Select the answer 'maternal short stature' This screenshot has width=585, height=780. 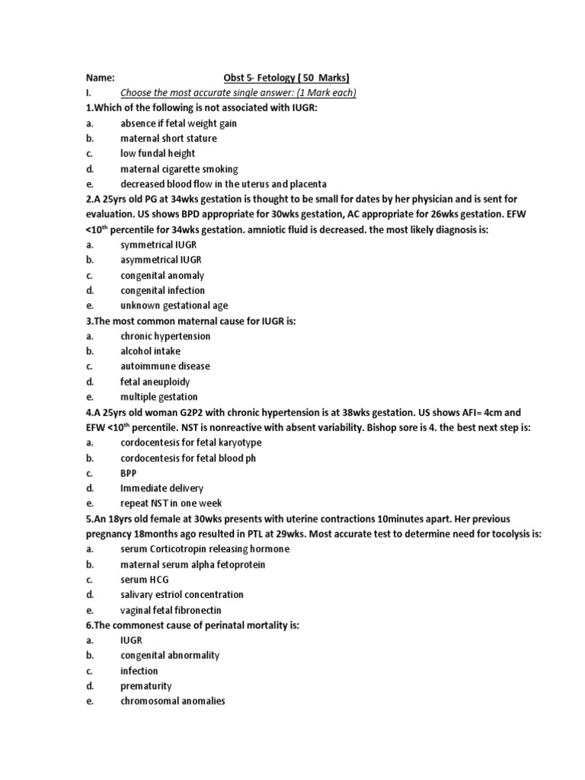point(168,139)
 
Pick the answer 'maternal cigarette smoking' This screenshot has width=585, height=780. point(179,169)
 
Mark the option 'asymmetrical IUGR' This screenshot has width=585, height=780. point(161,260)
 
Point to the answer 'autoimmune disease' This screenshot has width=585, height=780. point(165,366)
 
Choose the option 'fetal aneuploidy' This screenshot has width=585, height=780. point(155,382)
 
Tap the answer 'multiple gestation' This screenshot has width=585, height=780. point(158,397)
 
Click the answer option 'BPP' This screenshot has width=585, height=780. point(129,472)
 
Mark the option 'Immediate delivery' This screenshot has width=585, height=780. point(161,487)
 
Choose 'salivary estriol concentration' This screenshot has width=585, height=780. point(182,594)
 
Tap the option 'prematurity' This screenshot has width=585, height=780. point(146,686)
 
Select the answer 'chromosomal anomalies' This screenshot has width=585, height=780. point(173,701)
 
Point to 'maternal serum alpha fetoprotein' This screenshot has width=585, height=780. point(193,564)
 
